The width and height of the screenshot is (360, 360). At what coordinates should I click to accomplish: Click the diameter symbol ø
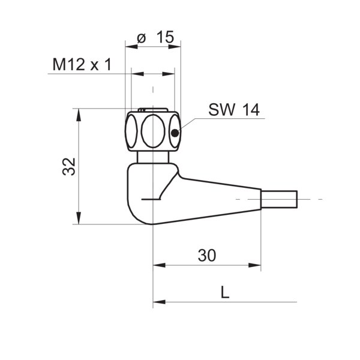142,37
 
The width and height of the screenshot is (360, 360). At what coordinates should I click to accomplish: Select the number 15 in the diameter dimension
165,37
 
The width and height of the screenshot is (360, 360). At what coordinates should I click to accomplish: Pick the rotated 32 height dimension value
69,167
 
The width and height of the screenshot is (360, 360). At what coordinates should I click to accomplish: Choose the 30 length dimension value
206,255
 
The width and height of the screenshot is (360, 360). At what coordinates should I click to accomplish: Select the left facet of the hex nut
131,132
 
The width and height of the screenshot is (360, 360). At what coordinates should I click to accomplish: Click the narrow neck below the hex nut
153,158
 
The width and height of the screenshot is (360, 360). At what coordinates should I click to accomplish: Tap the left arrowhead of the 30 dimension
158,265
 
